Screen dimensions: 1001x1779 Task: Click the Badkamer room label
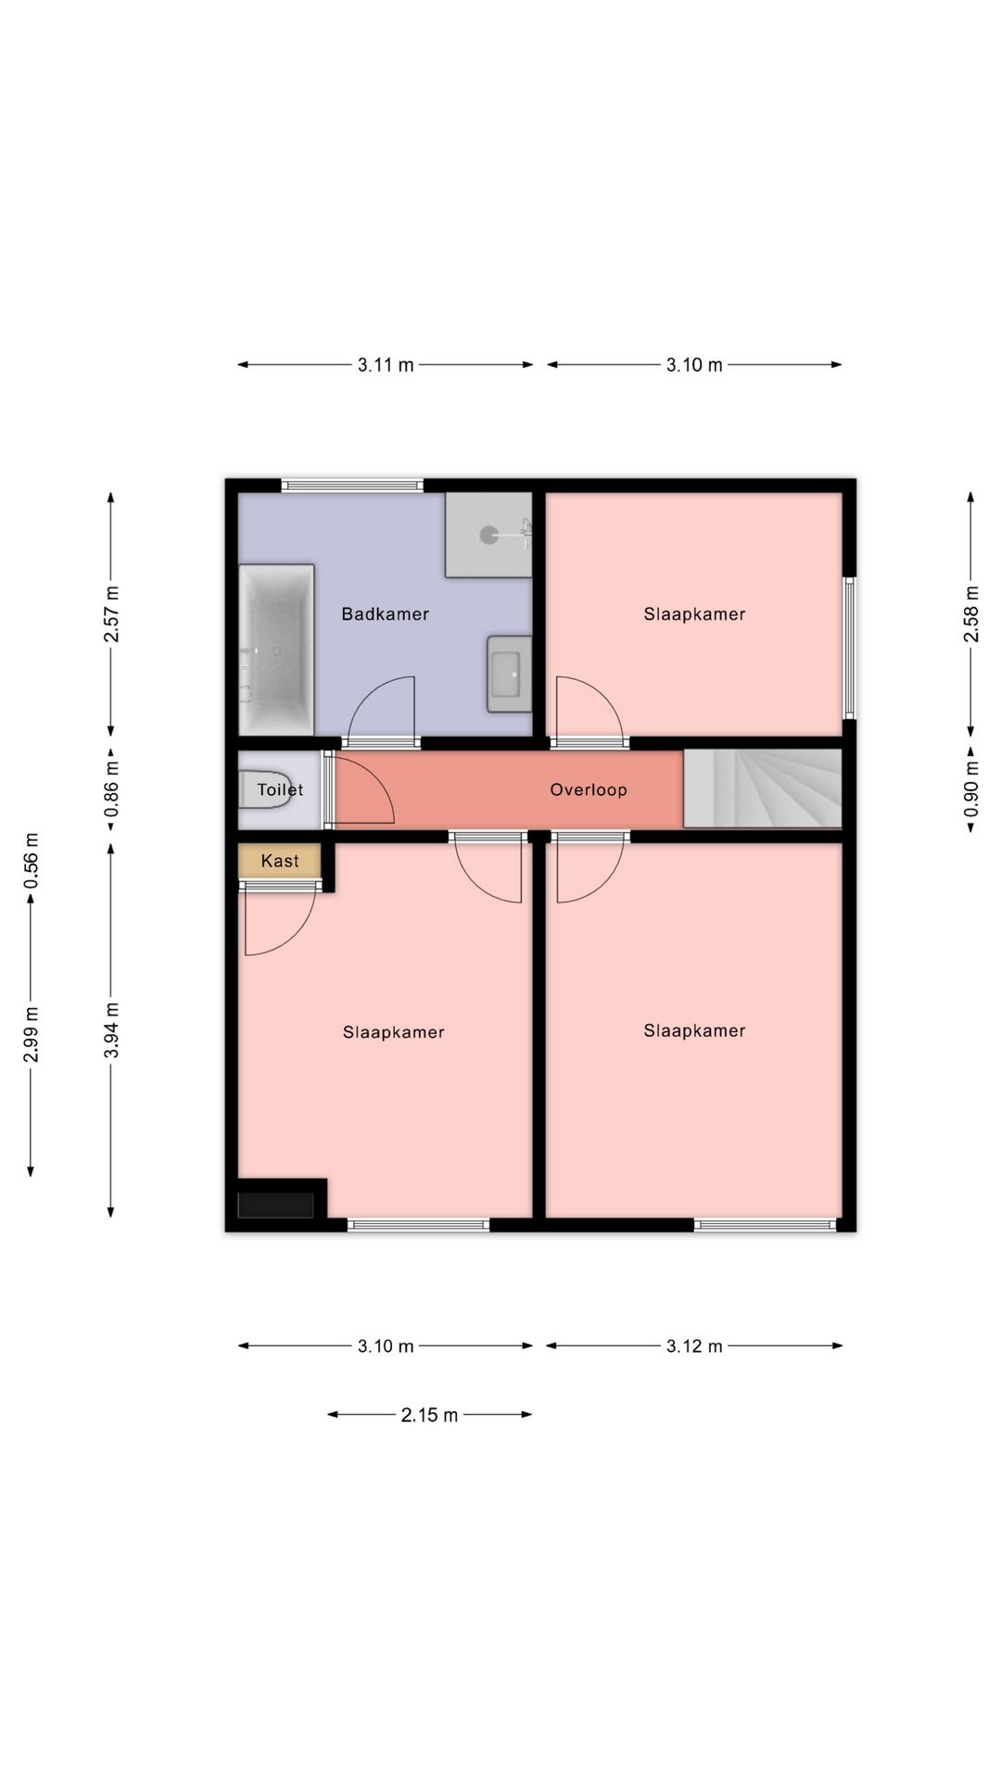385,613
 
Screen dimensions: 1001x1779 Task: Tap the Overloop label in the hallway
589,789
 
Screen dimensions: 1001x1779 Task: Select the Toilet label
280,789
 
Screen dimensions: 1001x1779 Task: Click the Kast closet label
280,861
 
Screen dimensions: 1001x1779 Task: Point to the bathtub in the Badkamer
277,650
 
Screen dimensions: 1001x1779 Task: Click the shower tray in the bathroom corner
488,534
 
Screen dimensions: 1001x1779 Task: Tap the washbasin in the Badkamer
509,674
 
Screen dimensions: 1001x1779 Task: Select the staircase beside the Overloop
763,789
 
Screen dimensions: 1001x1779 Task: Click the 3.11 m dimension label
386,365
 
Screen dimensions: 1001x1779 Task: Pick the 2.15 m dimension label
429,1415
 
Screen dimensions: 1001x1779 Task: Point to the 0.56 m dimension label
31,861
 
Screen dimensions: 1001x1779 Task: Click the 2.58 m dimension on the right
971,614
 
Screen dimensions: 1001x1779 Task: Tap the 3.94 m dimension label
111,1030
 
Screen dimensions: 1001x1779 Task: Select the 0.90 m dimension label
971,789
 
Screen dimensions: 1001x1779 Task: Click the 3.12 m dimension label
694,1346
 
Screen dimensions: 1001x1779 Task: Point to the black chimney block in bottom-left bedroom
275,1205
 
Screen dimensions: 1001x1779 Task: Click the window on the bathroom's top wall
352,485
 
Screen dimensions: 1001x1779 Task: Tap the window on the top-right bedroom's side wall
849,648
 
